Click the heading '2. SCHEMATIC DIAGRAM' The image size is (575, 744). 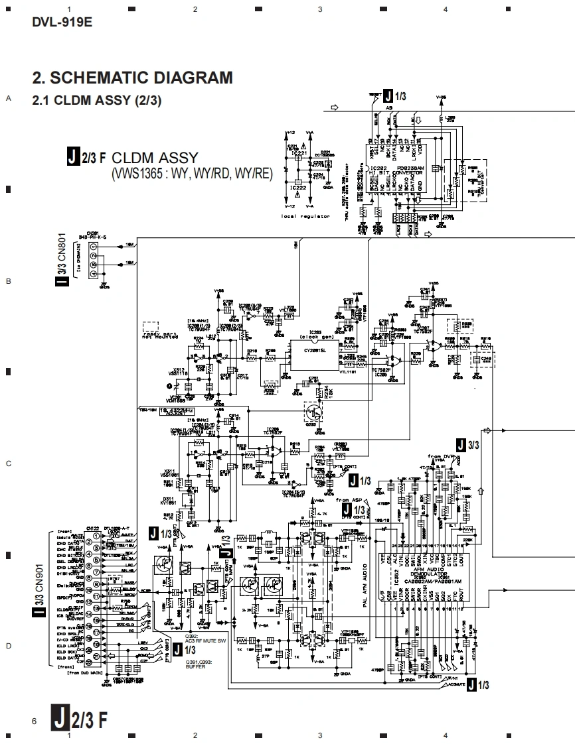(132, 78)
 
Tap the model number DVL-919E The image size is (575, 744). (62, 21)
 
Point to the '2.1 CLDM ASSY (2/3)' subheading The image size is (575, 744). (97, 101)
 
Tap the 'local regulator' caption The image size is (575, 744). (305, 216)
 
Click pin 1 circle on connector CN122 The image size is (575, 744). (98, 535)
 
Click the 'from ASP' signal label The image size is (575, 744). (351, 499)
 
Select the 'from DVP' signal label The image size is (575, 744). (441, 458)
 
